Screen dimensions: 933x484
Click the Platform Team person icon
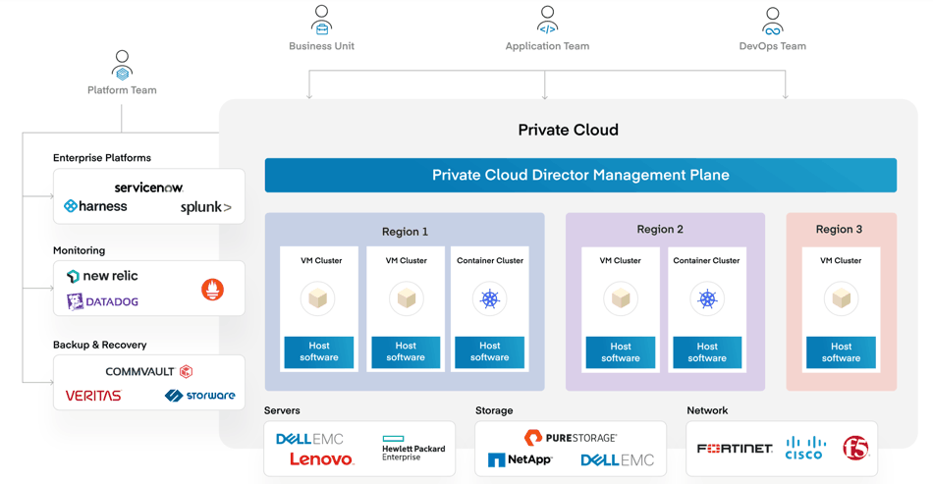[122, 66]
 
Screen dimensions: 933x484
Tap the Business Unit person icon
[321, 20]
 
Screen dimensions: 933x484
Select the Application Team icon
[547, 20]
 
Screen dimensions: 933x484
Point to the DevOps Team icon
[772, 22]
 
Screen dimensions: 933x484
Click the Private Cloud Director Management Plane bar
[580, 175]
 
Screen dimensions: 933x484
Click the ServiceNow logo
[148, 188]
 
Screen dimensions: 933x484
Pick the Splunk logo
[206, 207]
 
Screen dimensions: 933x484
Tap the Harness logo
[95, 206]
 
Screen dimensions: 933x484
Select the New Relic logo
[102, 276]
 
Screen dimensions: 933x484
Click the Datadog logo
[102, 301]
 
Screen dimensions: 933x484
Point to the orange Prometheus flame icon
[212, 290]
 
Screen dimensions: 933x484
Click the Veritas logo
[93, 396]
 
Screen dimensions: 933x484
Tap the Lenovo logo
[322, 459]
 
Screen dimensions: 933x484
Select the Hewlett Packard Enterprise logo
[413, 449]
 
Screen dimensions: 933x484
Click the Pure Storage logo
[571, 438]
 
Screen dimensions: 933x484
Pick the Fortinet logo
[735, 449]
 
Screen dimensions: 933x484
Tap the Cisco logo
[804, 449]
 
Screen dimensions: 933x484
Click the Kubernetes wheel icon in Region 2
[707, 299]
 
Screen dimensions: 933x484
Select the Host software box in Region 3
[841, 352]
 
